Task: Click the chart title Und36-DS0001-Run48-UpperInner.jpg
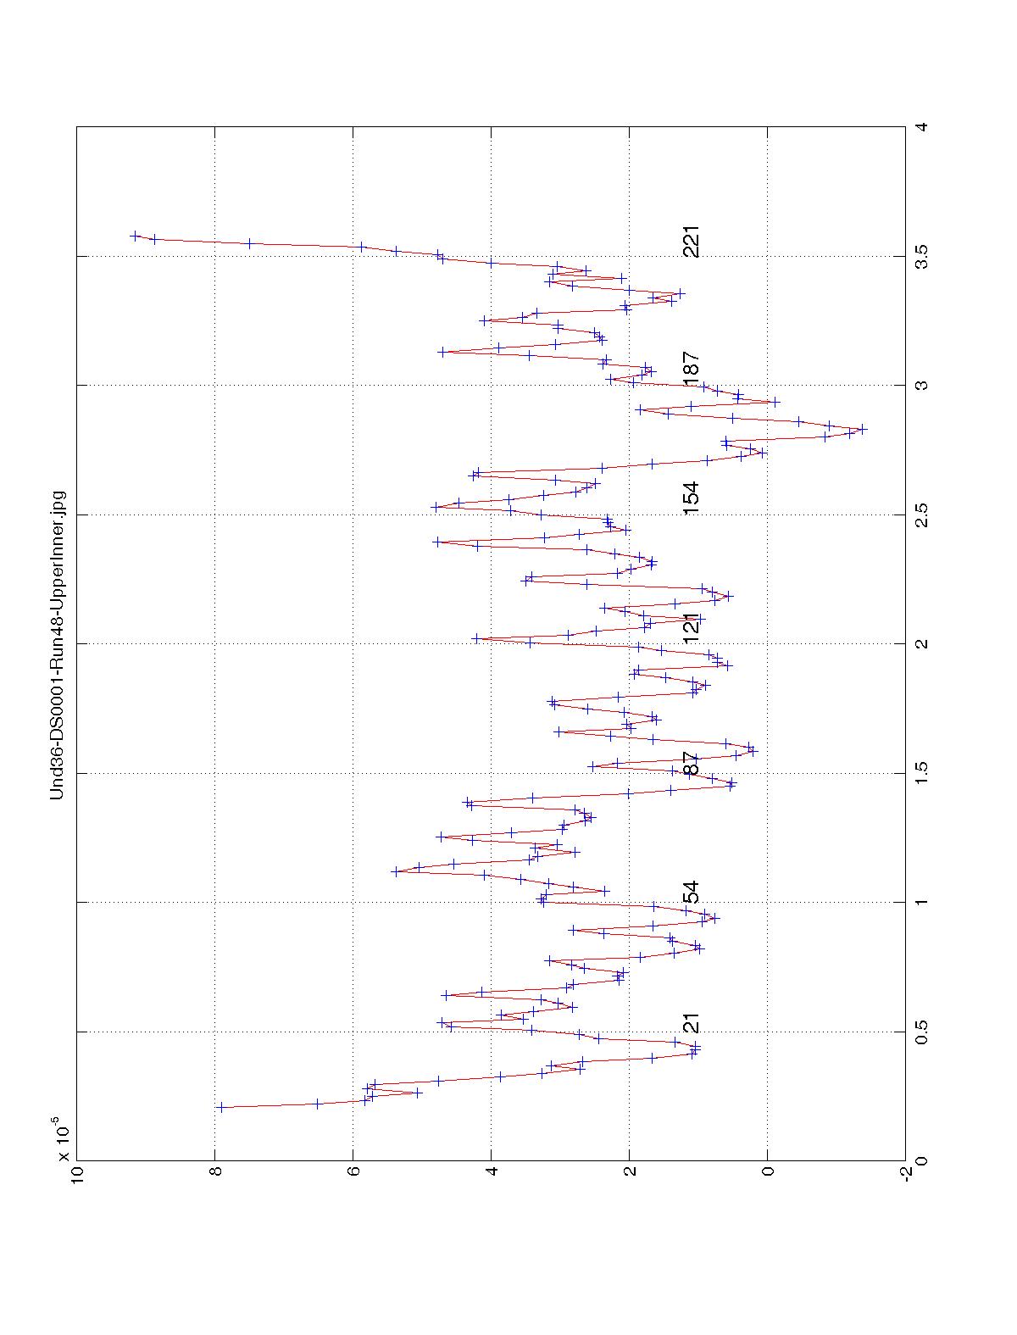[57, 644]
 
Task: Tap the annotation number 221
[692, 242]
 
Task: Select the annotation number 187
[692, 370]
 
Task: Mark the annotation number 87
[692, 763]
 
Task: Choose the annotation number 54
[692, 893]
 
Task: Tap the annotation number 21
[692, 1022]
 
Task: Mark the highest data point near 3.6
[136, 236]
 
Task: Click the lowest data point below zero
[862, 429]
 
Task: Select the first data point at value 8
[220, 1107]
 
